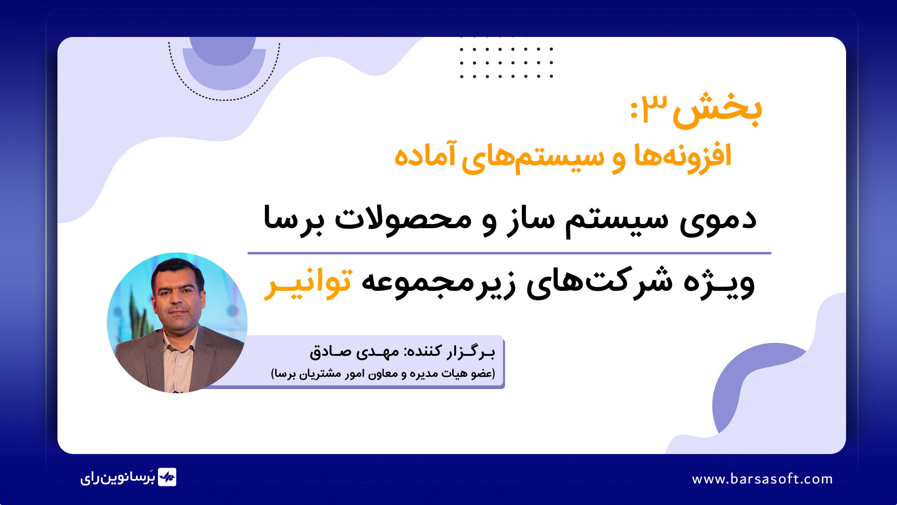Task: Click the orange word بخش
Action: (x=717, y=111)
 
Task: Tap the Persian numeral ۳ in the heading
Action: (x=655, y=107)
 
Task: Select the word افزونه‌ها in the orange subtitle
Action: (x=683, y=156)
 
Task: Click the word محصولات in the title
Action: (x=403, y=219)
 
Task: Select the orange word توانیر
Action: (x=308, y=283)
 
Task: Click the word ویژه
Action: (x=719, y=282)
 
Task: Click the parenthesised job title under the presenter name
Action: (x=383, y=374)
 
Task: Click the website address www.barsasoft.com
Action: (x=762, y=479)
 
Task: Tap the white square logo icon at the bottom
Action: (x=167, y=477)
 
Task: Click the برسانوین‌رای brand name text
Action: (x=117, y=477)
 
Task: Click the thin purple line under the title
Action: (x=509, y=253)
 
